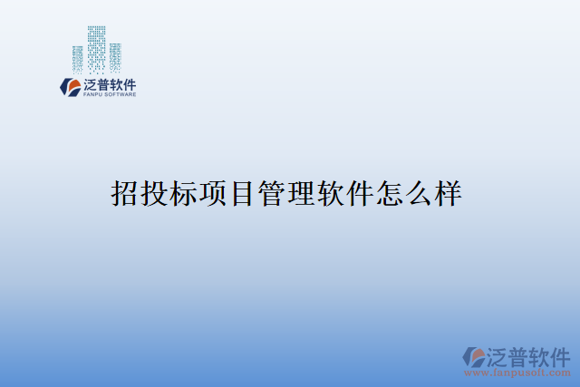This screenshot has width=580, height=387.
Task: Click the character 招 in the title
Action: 124,193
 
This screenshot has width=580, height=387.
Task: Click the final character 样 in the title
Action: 448,193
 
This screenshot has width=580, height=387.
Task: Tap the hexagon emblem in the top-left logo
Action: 70,87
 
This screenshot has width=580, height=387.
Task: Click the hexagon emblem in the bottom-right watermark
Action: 473,356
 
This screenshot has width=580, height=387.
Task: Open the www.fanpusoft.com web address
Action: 518,372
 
